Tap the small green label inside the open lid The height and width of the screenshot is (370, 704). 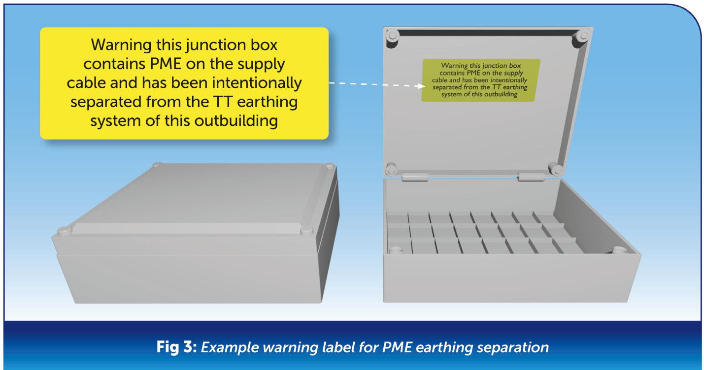pos(480,80)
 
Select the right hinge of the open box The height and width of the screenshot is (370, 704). pos(530,177)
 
